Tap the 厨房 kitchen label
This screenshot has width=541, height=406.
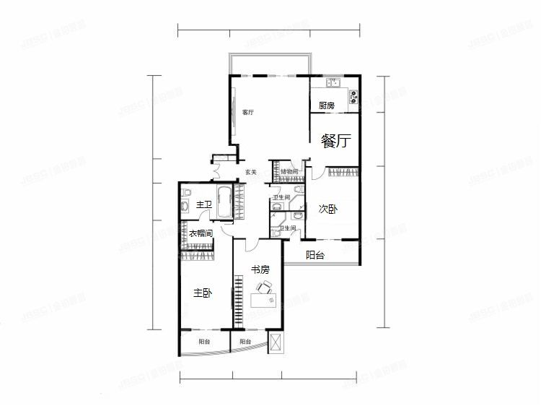327,105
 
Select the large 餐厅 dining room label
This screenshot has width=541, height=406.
336,141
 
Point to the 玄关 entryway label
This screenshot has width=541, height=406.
250,172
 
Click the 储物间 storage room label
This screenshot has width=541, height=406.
289,172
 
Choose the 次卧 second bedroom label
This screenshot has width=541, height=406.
327,210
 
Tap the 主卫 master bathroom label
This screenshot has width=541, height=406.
204,206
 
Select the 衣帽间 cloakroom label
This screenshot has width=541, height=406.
201,234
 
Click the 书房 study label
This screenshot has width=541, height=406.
260,269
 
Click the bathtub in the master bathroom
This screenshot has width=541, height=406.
225,203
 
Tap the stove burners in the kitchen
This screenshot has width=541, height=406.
354,96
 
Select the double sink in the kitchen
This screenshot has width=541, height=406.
333,82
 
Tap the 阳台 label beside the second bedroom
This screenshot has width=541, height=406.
315,255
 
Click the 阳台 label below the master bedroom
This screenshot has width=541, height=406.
204,342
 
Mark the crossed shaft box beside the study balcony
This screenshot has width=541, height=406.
274,342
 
